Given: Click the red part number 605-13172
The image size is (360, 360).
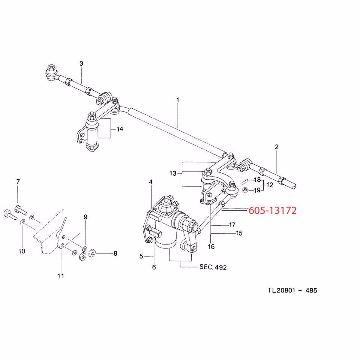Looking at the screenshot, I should click(273, 211).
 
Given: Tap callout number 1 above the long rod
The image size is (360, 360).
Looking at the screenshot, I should click(178, 100).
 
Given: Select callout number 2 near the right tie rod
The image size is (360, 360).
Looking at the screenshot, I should click(277, 147).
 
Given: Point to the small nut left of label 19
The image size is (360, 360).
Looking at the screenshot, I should click(244, 190).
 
